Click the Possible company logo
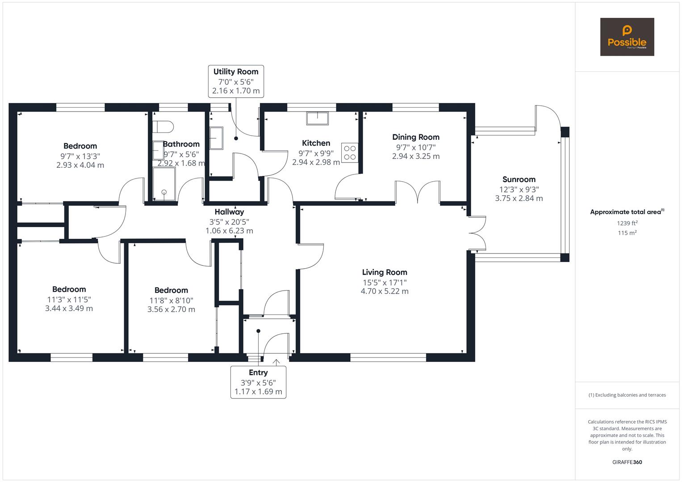627,37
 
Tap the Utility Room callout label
235,81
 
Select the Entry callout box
258,382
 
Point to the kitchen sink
317,118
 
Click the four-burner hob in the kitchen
350,153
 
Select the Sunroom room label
519,179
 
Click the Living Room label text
385,272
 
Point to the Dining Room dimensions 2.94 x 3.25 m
416,156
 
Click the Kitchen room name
316,143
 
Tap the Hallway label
229,212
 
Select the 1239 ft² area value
627,223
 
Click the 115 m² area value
627,233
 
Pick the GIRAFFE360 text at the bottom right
627,462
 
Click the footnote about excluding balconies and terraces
627,395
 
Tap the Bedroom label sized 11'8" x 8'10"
171,290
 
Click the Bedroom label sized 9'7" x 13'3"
80,146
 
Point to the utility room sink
216,138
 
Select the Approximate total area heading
627,212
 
